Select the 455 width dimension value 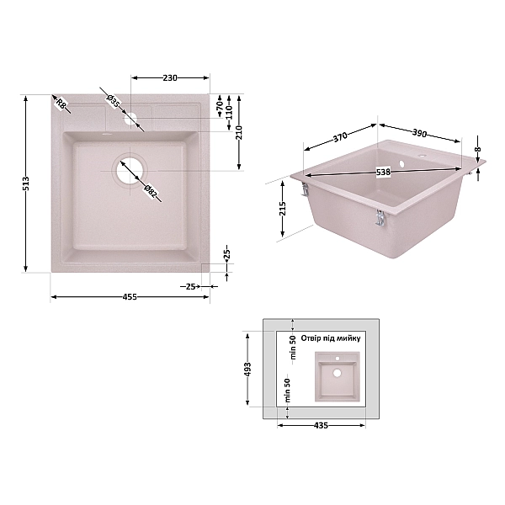point(130,297)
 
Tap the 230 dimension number point(169,78)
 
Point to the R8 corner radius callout point(61,104)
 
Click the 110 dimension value point(228,112)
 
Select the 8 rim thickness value point(477,151)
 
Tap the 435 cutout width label point(320,426)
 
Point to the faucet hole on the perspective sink point(402,160)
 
